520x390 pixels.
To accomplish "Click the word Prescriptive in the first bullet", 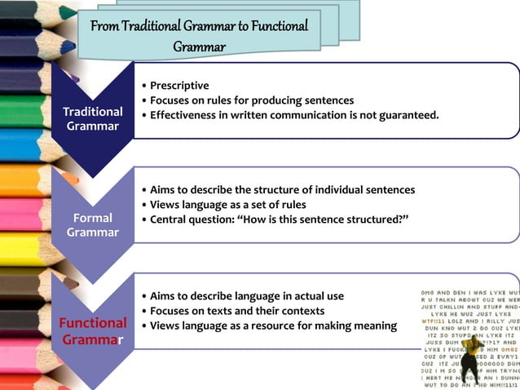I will tap(179, 86).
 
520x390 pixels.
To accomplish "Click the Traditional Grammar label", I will tap(92, 118).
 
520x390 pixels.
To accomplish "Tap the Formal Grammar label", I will tap(92, 225).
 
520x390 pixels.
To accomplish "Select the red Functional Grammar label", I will tap(92, 330).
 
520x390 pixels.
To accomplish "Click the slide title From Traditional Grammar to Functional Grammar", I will tap(200, 34).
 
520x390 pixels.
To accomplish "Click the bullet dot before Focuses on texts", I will tap(143, 311).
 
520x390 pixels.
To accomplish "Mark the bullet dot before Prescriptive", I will tap(143, 86).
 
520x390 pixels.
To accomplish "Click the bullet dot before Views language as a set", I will tap(143, 205).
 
